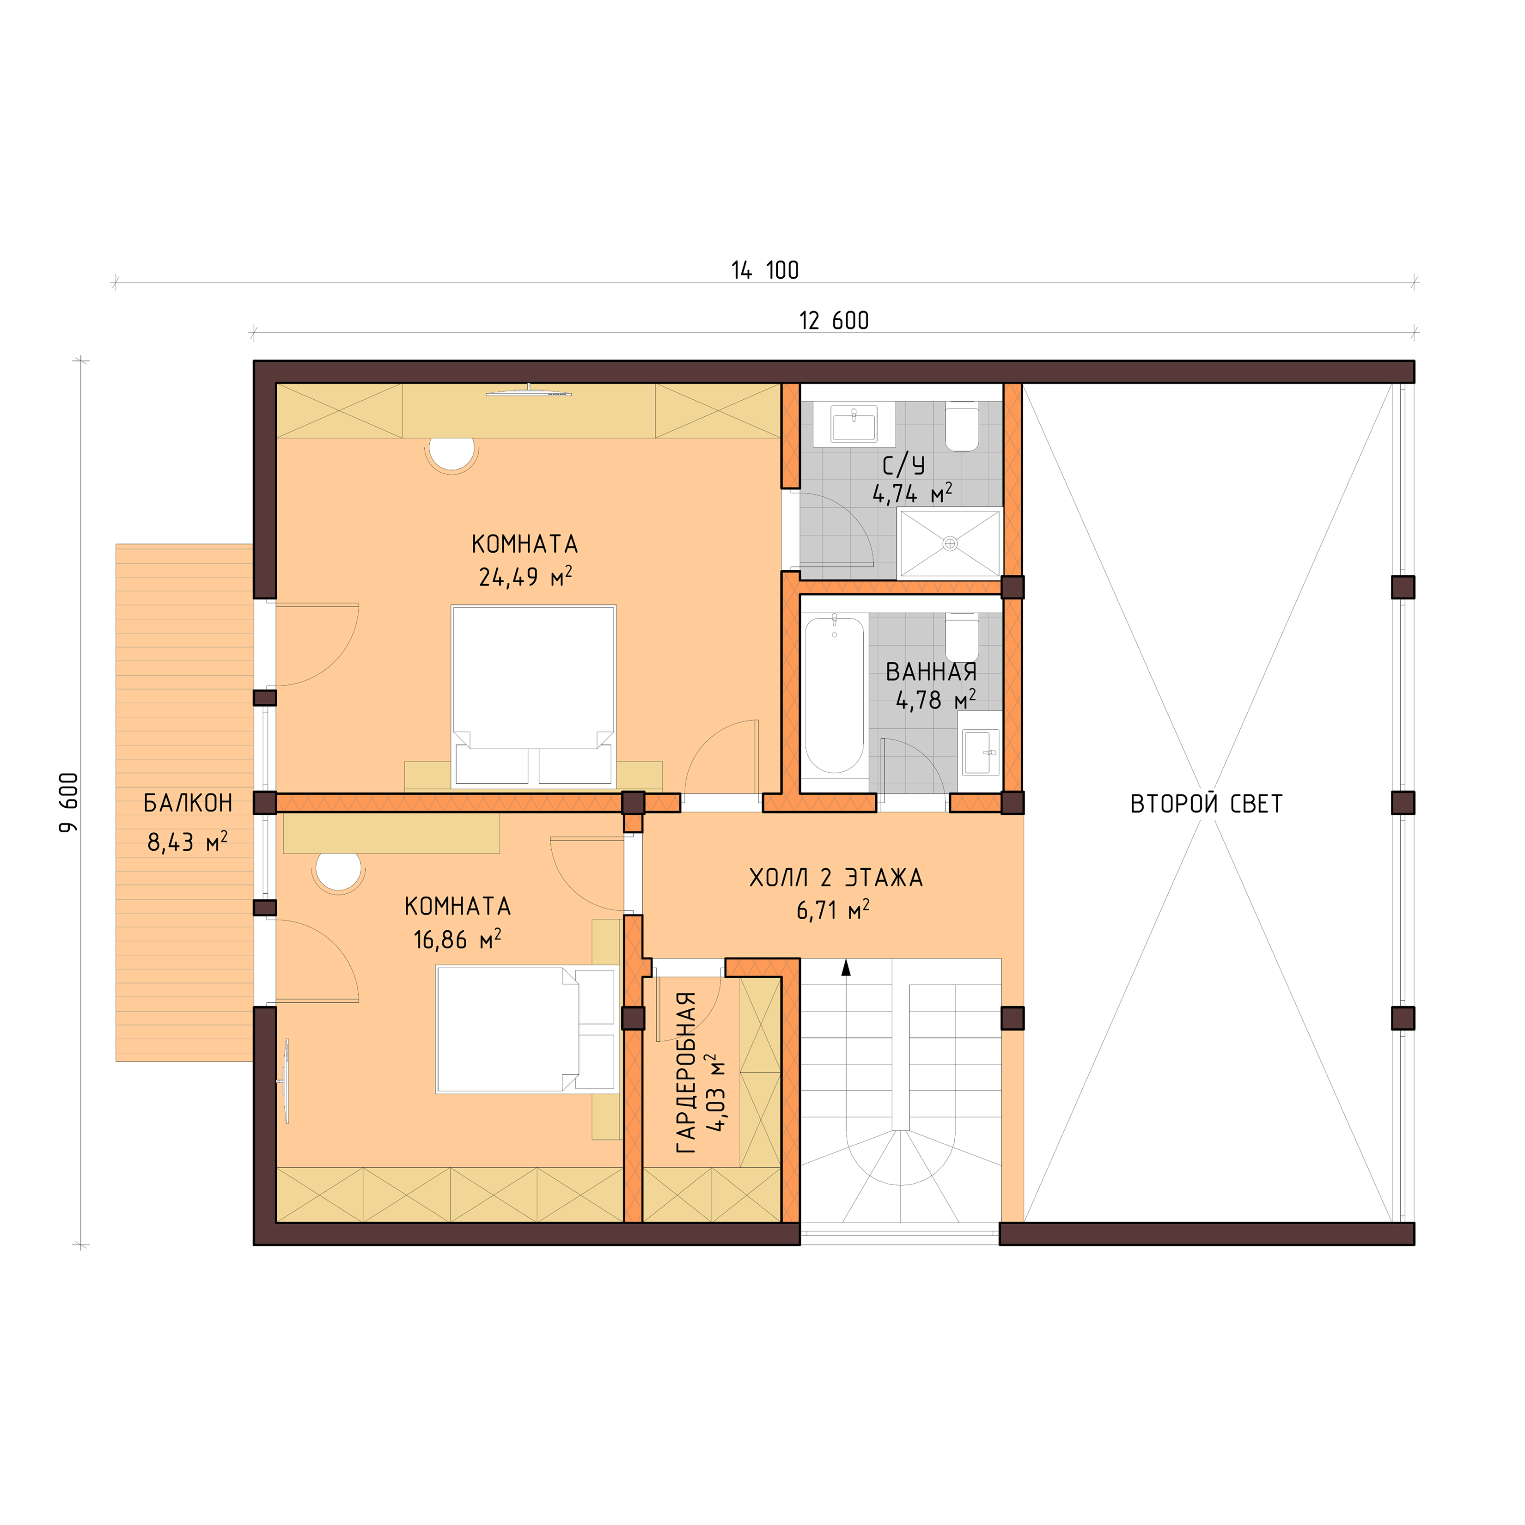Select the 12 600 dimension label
tap(834, 321)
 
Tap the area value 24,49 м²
tap(525, 577)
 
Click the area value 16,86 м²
tap(457, 939)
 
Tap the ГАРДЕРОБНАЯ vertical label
tap(687, 1074)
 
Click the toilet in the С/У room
tap(962, 426)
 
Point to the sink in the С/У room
tap(854, 425)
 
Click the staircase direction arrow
tap(846, 968)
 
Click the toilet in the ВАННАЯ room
tap(962, 638)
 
